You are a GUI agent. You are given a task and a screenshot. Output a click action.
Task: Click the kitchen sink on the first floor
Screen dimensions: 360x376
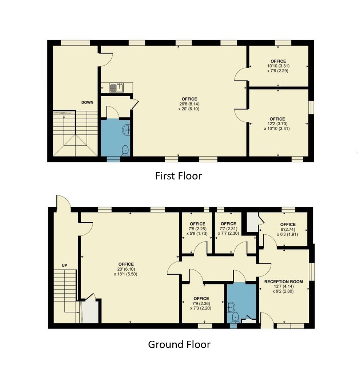click(116, 88)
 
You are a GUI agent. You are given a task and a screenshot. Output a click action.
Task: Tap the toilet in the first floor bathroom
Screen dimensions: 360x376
click(125, 151)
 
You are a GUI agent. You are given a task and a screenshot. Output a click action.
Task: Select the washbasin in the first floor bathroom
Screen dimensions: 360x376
click(126, 130)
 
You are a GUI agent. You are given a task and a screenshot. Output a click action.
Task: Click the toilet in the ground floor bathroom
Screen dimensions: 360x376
click(235, 317)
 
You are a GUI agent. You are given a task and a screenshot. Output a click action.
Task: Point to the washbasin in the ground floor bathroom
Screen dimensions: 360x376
click(231, 307)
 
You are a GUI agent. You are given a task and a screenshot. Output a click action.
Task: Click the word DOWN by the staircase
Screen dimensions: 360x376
click(87, 102)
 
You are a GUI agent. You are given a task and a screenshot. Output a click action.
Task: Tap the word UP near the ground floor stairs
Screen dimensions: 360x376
click(64, 265)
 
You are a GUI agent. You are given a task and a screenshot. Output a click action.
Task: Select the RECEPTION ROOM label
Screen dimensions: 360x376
click(283, 282)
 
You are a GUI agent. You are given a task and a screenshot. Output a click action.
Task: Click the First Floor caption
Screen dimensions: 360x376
click(178, 176)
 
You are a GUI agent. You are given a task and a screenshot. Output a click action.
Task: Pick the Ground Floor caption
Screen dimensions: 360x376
click(179, 344)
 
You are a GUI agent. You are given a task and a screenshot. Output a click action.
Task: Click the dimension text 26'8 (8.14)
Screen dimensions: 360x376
click(189, 104)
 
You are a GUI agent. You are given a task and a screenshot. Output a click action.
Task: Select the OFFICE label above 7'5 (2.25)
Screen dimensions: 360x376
click(197, 224)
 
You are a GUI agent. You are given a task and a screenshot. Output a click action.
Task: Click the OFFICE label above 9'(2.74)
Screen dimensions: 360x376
click(288, 225)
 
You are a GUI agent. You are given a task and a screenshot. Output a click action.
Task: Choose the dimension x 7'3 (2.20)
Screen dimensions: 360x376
click(201, 308)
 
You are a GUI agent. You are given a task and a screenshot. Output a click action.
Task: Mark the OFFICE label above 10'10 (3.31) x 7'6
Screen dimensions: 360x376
click(278, 61)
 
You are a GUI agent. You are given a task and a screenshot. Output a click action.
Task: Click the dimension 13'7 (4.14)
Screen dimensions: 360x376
click(284, 286)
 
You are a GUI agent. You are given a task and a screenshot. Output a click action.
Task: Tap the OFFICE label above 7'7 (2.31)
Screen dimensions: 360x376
click(228, 224)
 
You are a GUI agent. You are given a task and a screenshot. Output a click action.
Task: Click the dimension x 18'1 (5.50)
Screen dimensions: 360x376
click(125, 274)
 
